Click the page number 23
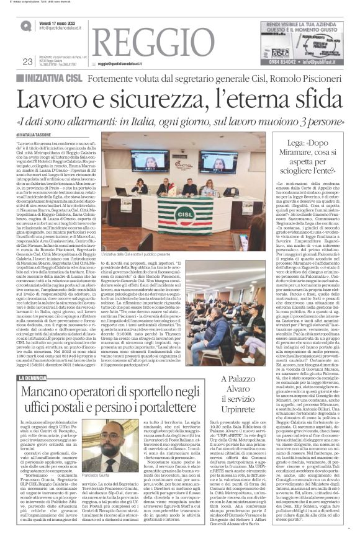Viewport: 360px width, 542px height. coord(27,61)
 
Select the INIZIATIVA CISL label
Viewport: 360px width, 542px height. coord(52,78)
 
